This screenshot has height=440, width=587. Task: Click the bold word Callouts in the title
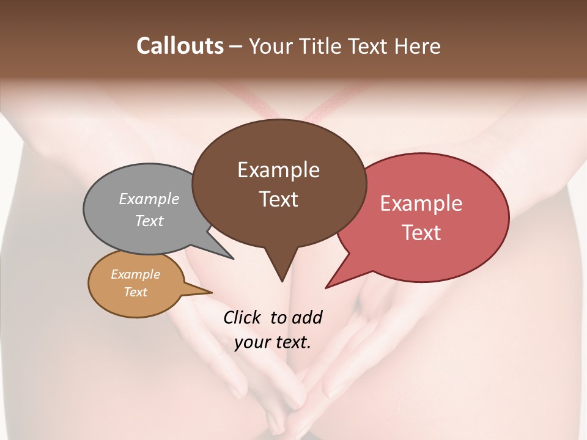click(180, 46)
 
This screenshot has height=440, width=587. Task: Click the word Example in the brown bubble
click(278, 170)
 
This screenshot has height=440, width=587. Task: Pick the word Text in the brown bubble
click(278, 199)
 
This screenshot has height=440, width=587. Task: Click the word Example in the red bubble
click(421, 204)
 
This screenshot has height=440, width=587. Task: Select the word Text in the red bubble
click(421, 233)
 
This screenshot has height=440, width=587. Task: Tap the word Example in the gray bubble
click(149, 199)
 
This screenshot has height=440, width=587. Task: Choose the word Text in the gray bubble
click(149, 221)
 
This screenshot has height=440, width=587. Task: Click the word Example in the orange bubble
click(136, 274)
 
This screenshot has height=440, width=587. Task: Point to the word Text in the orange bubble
click(136, 292)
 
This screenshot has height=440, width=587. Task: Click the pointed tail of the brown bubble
click(281, 275)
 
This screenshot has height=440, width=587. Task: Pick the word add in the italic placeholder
click(306, 317)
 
